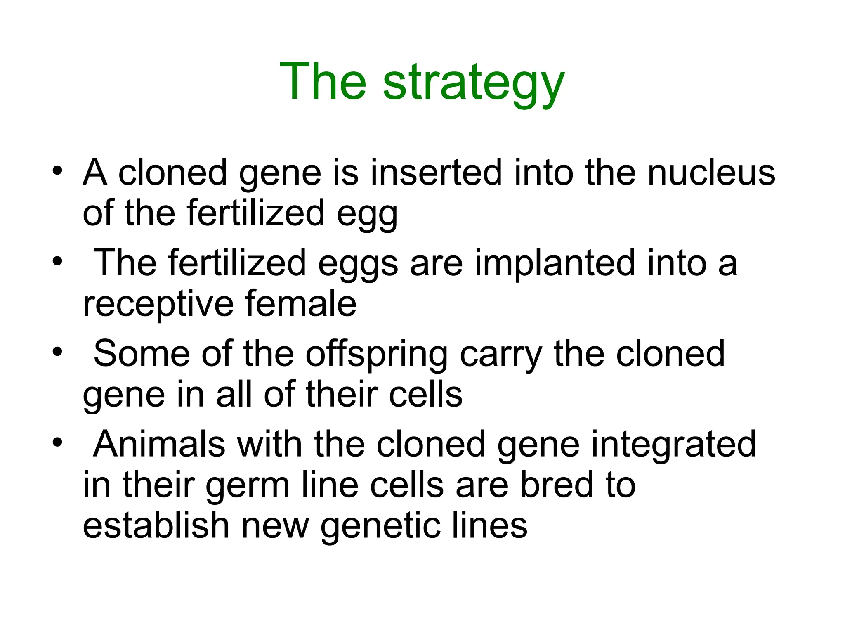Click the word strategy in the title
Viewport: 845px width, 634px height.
[473, 83]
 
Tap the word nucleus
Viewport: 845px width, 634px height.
[711, 173]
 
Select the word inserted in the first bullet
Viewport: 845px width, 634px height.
[436, 173]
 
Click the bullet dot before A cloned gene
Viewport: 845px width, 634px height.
[57, 170]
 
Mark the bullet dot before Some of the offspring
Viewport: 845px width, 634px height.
[57, 352]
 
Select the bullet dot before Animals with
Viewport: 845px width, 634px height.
[57, 442]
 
